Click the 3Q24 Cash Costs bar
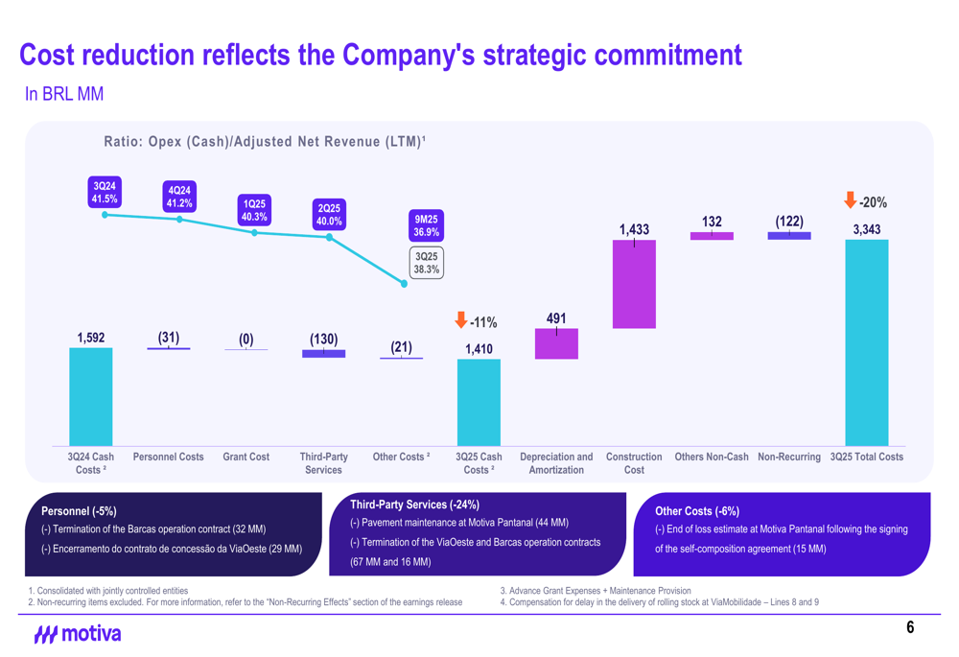pos(91,396)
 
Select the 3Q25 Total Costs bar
pos(866,342)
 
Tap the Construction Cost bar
pos(634,284)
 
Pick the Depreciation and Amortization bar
pos(556,344)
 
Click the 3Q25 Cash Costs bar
pos(479,402)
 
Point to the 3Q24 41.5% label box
pos(105,192)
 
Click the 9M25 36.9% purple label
pos(426,225)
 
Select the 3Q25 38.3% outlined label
pos(426,264)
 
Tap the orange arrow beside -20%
pos(850,200)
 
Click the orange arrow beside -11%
pos(461,320)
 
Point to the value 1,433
pos(634,229)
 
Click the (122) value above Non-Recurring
pos(789,222)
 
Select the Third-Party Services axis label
pos(323,463)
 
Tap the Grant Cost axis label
pos(246,458)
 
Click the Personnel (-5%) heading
pos(79,511)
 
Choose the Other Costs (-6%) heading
pos(696,511)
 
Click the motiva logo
pos(78,634)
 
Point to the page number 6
pos(910,627)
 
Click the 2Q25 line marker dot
pos(329,237)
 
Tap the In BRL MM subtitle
pos(64,94)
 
